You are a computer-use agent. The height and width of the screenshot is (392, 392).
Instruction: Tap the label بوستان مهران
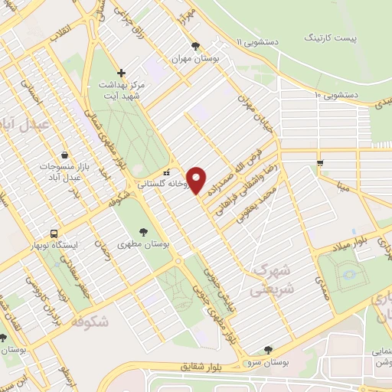click(191, 58)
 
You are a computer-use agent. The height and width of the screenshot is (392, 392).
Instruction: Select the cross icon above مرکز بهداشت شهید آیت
click(122, 73)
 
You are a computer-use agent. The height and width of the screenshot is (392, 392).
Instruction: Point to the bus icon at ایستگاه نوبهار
click(54, 234)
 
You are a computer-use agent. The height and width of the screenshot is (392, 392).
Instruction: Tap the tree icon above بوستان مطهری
click(143, 230)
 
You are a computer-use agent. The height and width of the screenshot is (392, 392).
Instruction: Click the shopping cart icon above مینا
click(320, 162)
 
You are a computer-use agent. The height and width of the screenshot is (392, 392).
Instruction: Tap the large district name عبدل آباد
click(24, 122)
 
